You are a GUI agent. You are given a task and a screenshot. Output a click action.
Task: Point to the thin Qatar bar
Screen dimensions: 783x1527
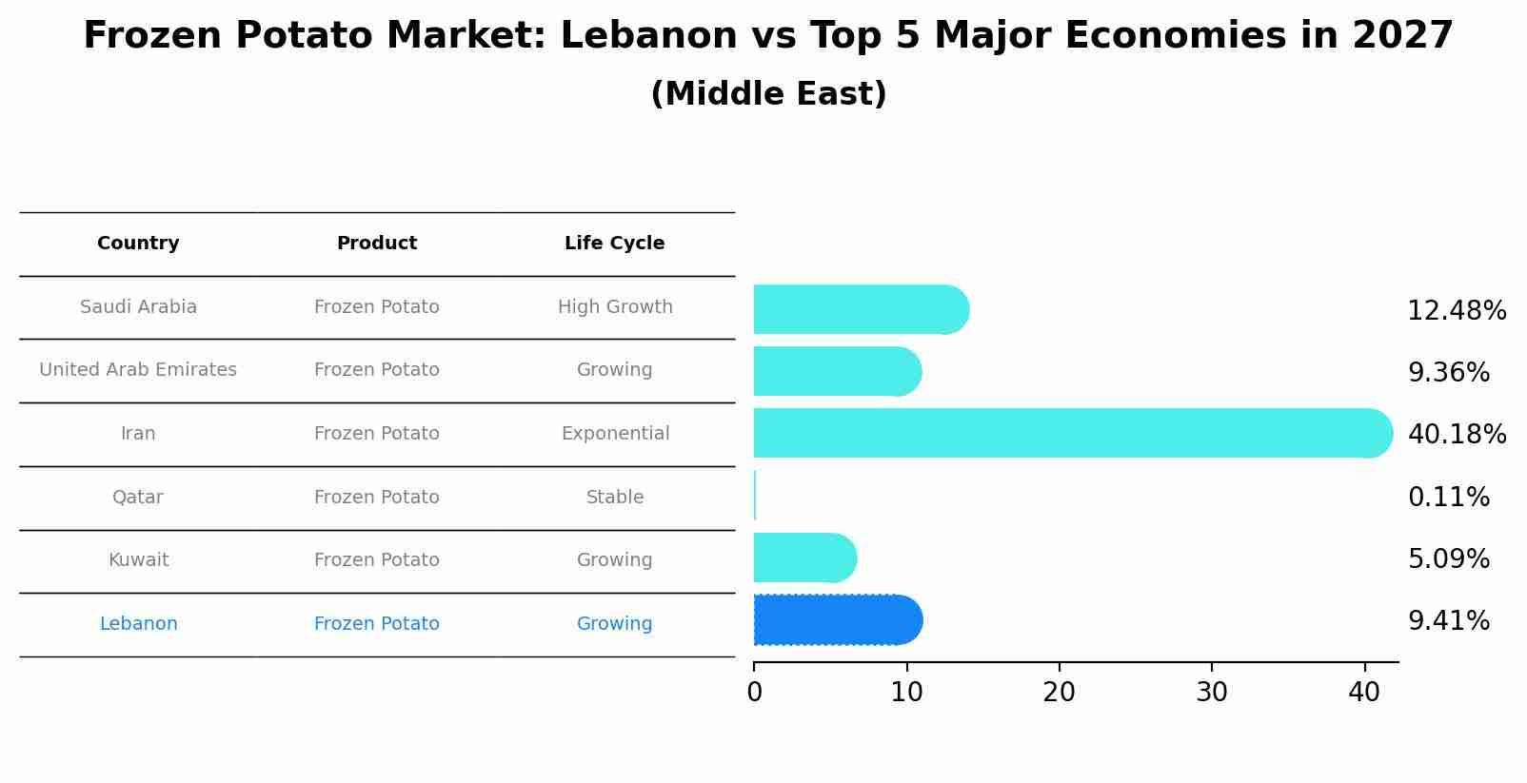(x=755, y=496)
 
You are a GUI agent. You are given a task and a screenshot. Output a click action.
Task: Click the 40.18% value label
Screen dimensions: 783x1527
(x=1457, y=435)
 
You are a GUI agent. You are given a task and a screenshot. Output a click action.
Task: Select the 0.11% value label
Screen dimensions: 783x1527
(x=1448, y=498)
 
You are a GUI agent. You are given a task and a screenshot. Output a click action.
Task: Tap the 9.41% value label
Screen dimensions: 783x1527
(x=1448, y=621)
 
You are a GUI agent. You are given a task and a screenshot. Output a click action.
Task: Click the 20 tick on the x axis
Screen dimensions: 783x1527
(x=1059, y=693)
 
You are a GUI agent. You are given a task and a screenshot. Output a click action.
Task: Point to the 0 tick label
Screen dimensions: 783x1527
(x=754, y=693)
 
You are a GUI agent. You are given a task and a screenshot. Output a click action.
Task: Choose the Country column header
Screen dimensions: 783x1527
(x=138, y=244)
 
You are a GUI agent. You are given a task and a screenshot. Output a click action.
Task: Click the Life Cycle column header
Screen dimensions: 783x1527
(x=614, y=244)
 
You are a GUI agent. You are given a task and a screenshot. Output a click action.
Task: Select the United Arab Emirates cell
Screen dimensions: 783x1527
(x=138, y=370)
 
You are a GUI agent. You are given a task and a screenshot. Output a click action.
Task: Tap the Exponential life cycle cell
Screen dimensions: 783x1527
(x=615, y=434)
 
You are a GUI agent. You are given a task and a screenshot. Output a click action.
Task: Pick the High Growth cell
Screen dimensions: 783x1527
(x=615, y=307)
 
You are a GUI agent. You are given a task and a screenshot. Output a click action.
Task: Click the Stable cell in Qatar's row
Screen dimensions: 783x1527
(x=615, y=498)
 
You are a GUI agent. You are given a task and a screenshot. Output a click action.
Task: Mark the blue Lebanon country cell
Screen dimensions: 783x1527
(x=138, y=624)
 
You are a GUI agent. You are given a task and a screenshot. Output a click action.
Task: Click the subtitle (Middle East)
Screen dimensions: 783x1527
(x=768, y=94)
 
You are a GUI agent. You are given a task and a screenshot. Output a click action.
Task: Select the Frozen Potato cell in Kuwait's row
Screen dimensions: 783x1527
(x=376, y=560)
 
